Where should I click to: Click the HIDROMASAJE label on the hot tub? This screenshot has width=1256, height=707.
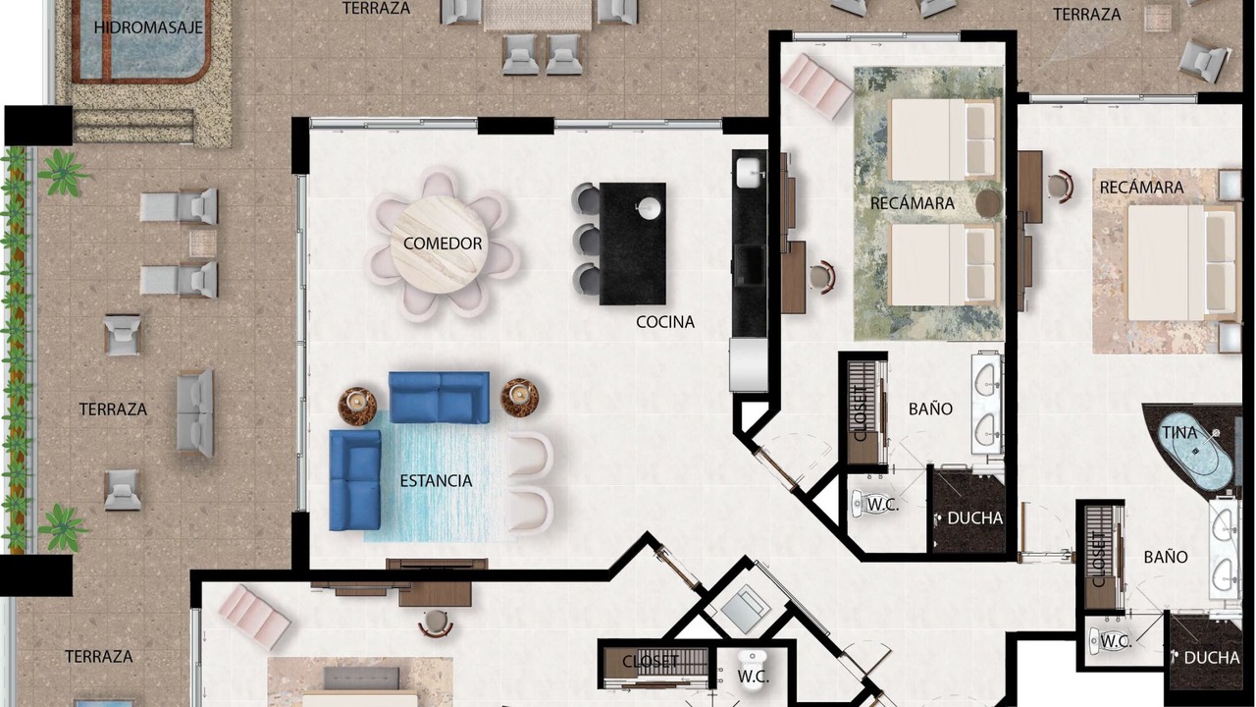click(148, 27)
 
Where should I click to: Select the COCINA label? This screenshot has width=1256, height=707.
click(665, 322)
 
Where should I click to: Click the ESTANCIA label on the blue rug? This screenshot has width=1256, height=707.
click(436, 481)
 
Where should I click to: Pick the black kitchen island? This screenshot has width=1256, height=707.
click(633, 244)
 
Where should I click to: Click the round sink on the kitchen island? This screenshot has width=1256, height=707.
click(650, 207)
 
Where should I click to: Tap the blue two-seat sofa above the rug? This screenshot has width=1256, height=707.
click(439, 398)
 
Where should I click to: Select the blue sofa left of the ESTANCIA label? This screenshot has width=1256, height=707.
click(355, 480)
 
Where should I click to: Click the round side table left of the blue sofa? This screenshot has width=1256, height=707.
click(357, 402)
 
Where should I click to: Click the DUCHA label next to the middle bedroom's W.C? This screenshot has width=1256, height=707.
click(974, 518)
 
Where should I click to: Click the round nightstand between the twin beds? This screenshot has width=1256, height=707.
click(988, 203)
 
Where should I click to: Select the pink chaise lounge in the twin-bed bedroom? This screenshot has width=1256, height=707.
click(817, 85)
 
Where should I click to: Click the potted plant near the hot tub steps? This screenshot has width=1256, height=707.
click(62, 172)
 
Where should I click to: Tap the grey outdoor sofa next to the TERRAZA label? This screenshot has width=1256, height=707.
click(195, 413)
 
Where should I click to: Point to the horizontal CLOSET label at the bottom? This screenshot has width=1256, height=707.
click(651, 662)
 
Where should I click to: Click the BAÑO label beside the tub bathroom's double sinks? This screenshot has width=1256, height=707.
click(1166, 557)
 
